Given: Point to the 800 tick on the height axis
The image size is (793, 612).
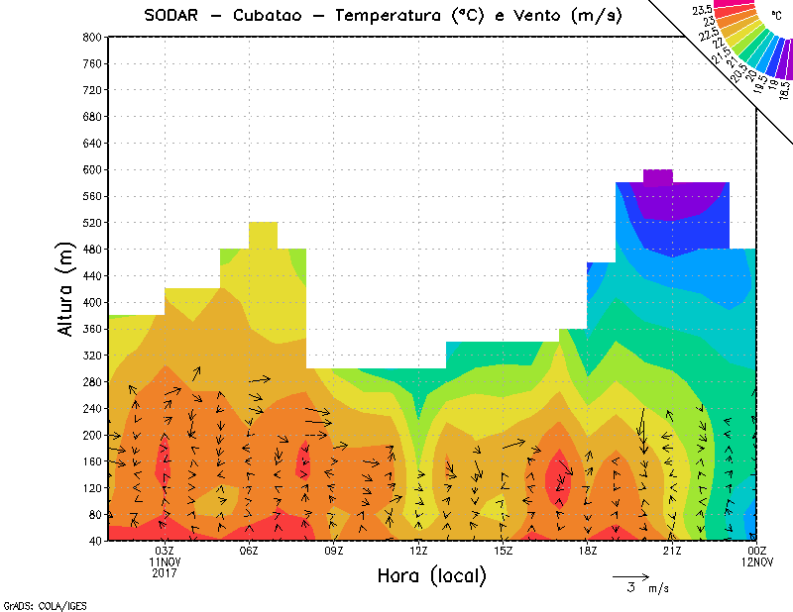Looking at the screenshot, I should (90, 37).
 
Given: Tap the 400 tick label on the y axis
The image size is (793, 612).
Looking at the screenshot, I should (90, 303).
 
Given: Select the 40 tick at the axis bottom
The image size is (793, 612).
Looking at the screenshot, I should (93, 542).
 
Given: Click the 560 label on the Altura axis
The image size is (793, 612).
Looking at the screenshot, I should (90, 196).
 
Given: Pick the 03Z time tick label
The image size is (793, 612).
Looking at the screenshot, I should (165, 551).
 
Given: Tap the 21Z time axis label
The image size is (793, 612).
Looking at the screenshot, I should (672, 551).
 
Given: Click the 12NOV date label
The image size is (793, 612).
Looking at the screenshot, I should (758, 561).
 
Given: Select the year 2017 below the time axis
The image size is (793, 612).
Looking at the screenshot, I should (165, 572).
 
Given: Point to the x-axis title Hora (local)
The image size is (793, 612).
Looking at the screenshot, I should (430, 575).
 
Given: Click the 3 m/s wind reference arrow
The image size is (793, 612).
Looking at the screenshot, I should (630, 574).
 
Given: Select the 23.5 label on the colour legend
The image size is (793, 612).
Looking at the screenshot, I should (703, 9).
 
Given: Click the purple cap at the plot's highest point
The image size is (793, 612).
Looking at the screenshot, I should (658, 176).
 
